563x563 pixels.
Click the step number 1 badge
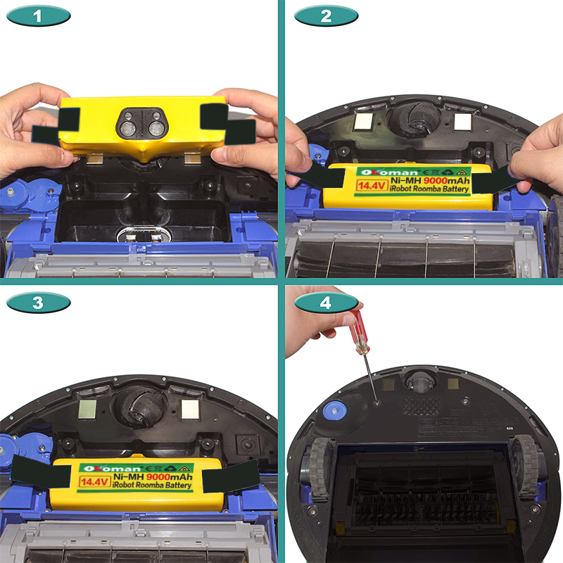39,16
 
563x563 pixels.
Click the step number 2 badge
326,16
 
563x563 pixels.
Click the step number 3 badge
39,303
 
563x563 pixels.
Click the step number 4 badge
326,303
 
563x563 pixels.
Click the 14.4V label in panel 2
372,186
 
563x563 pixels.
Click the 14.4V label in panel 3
94,481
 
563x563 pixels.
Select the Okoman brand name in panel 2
389,172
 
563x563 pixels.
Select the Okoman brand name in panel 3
112,469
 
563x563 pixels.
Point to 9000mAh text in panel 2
446,181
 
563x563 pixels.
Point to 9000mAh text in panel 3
169,477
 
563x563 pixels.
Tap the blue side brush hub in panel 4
334,410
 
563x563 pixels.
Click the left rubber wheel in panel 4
320,469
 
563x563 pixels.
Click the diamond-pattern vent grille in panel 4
421,406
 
